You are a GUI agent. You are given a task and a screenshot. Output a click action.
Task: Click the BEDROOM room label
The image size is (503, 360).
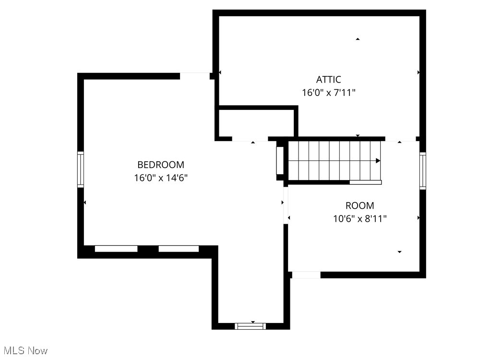point(160,165)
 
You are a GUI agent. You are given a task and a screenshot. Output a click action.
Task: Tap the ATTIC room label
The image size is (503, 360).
point(328,80)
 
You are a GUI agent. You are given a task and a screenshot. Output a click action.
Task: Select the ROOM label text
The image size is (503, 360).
point(359,206)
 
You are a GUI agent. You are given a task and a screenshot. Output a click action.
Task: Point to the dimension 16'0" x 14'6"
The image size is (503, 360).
point(160,178)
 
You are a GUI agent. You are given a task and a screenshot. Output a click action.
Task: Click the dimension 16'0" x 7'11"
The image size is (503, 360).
point(328,93)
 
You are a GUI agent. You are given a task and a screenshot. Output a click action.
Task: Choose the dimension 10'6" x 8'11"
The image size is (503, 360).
point(359,219)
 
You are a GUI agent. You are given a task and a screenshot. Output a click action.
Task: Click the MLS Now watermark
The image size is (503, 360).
point(24,350)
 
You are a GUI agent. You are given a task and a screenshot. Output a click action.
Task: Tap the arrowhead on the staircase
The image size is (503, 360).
point(378,161)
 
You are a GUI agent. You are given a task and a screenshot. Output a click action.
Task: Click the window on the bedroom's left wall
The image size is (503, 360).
point(81,169)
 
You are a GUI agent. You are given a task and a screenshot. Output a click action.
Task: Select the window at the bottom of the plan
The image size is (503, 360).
point(250,326)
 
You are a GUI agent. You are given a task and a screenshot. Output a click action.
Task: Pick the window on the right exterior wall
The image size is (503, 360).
point(422,171)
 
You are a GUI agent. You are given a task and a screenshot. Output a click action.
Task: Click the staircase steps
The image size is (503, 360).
point(334,161)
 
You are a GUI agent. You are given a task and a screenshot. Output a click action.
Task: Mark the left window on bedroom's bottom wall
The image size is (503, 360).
point(116,249)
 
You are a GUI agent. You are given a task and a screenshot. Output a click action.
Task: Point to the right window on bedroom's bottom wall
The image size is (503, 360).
point(179,249)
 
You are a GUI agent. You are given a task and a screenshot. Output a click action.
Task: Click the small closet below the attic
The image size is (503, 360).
point(256,123)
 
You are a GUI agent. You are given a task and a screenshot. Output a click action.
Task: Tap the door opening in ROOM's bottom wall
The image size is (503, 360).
point(306,275)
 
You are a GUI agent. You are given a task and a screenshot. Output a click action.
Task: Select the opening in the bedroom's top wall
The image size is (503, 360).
point(194,75)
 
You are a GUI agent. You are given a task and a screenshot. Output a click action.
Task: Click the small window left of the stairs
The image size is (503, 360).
point(280,160)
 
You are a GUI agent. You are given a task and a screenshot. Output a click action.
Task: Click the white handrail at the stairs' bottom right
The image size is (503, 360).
point(365,182)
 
